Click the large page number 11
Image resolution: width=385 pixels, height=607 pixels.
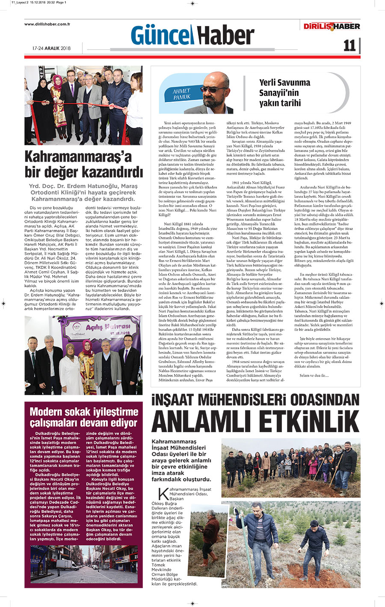coord(349,45)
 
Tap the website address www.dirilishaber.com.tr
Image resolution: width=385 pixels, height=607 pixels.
coord(47,24)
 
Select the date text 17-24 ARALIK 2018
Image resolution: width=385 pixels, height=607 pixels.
coord(51,48)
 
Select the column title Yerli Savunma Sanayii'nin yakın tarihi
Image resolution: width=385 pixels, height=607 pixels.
coord(284,93)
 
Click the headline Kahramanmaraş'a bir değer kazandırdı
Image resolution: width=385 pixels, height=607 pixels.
coord(83,165)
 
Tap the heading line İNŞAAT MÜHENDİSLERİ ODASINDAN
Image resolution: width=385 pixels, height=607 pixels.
coord(256,400)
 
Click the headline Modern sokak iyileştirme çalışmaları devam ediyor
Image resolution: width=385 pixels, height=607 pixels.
coord(84,417)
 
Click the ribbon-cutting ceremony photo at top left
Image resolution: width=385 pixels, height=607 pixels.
coord(83,105)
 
